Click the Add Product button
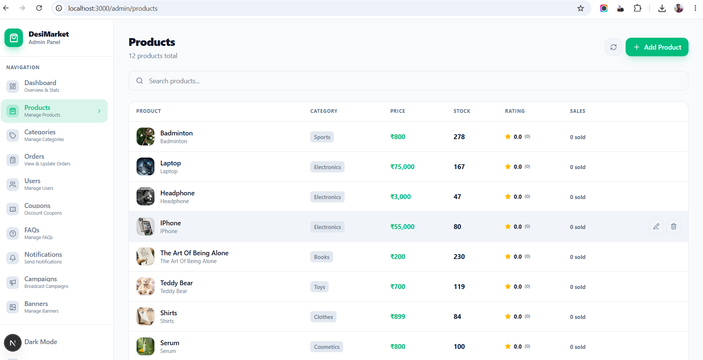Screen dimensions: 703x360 click(x=657, y=47)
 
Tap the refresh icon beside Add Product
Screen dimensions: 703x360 click(x=613, y=47)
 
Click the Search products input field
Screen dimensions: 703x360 click(x=408, y=81)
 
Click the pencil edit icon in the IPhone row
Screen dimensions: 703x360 click(x=656, y=226)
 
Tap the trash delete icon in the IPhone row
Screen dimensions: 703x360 click(x=673, y=226)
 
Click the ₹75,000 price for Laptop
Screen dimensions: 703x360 click(x=402, y=167)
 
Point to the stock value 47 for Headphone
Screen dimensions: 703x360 click(x=457, y=197)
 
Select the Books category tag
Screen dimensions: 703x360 click(x=322, y=257)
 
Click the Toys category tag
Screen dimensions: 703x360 click(x=319, y=287)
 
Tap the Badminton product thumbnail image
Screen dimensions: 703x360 click(x=145, y=137)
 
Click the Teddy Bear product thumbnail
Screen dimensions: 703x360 click(x=145, y=286)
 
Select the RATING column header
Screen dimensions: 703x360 click(x=515, y=111)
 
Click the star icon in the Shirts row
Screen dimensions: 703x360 click(x=508, y=316)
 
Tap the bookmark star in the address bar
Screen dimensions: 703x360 click(x=580, y=8)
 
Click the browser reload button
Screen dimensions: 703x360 click(x=39, y=8)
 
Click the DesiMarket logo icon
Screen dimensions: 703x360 click(x=14, y=38)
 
